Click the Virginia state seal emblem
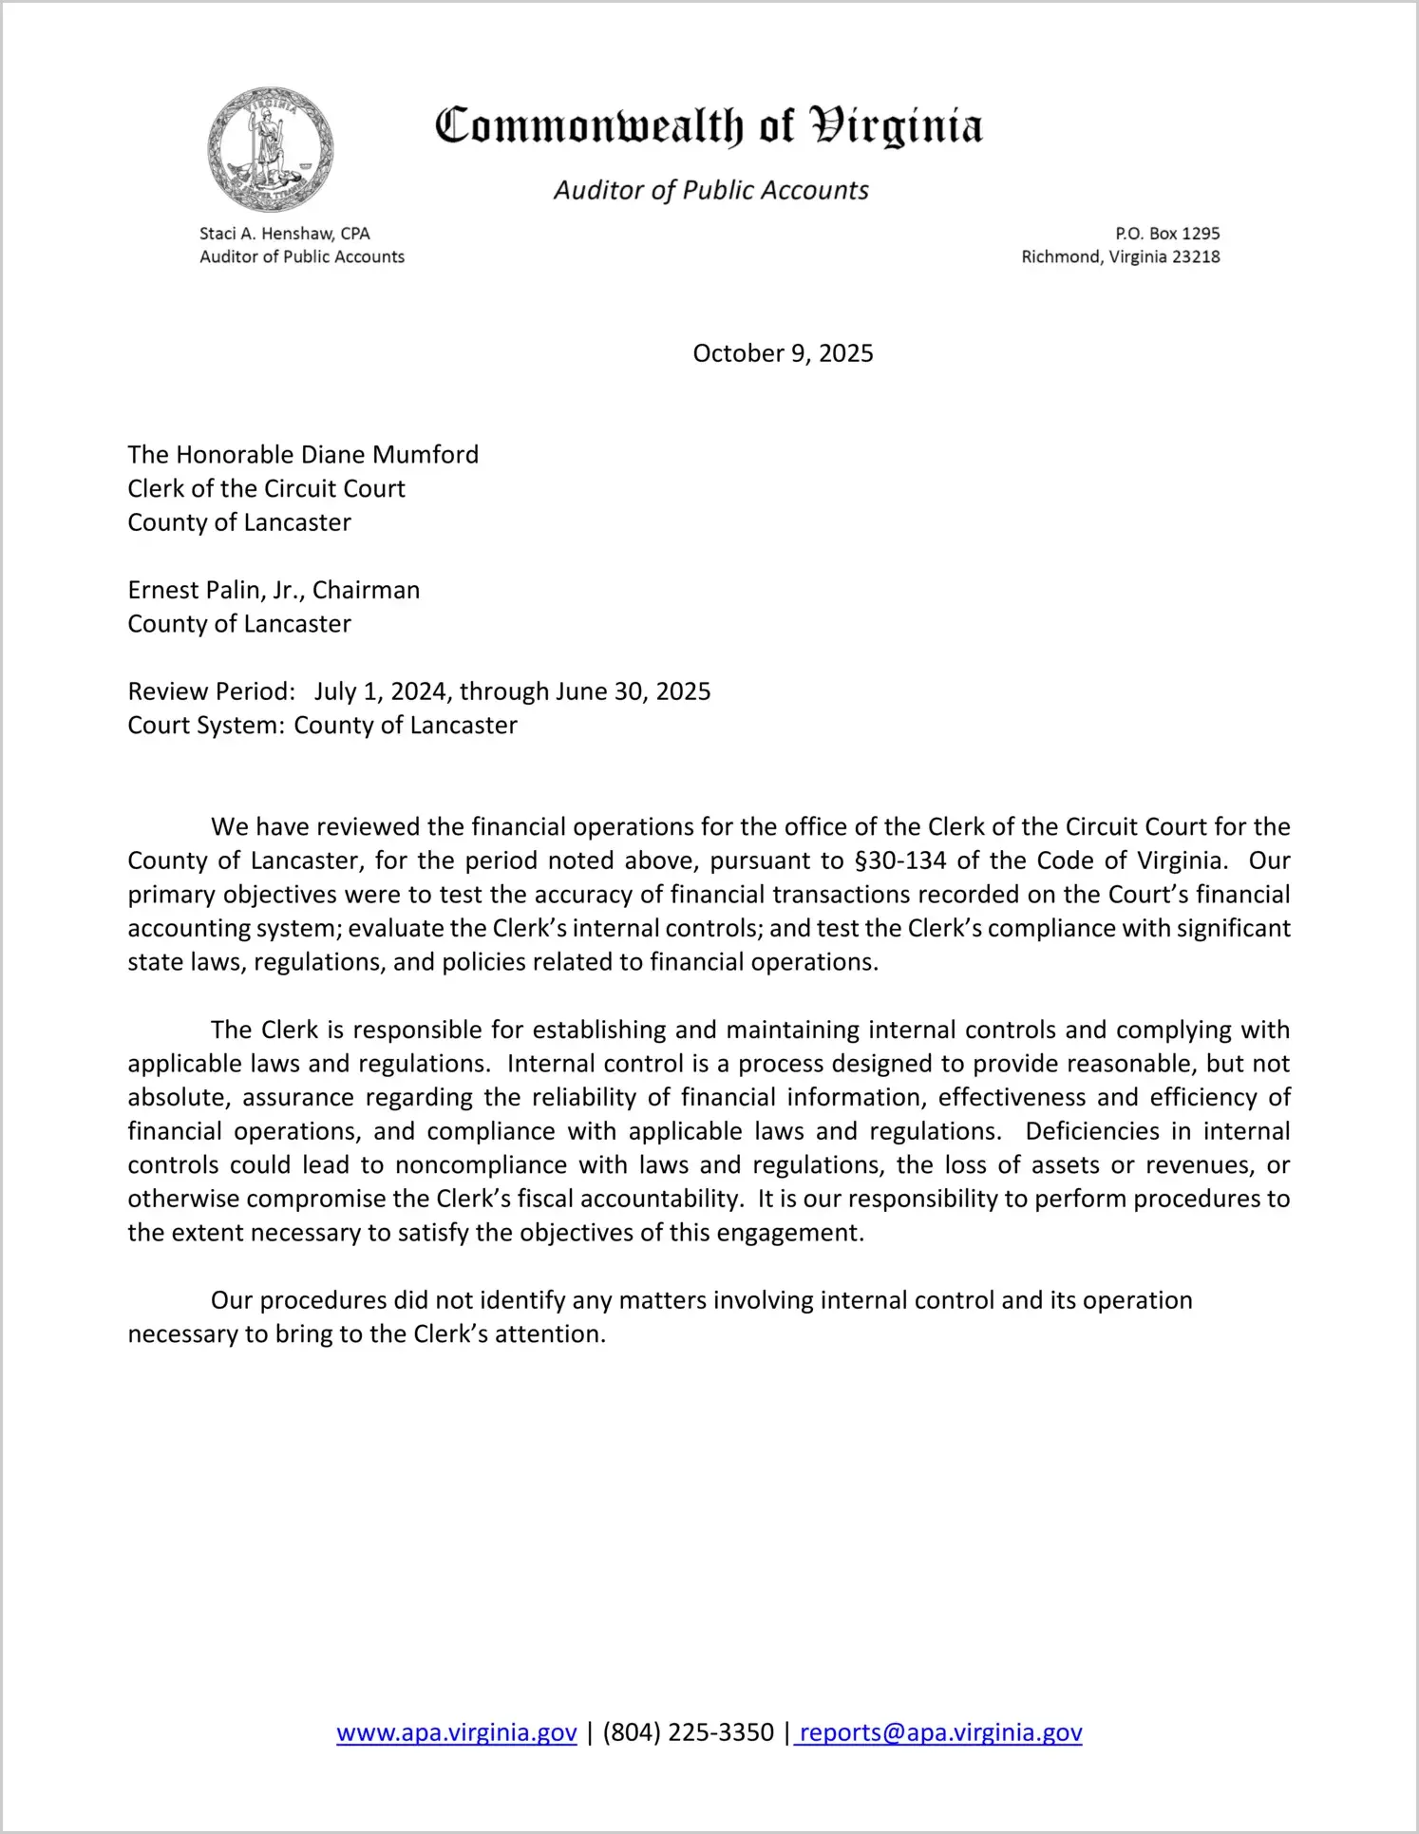(x=271, y=149)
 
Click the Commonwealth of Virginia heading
(x=709, y=126)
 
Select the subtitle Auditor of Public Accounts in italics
(x=710, y=191)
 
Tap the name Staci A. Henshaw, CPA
(x=284, y=234)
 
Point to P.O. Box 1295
(x=1166, y=234)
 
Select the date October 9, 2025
(x=783, y=353)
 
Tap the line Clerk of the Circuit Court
(x=266, y=489)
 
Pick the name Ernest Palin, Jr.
(x=215, y=591)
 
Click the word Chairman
(x=366, y=591)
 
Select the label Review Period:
(x=212, y=691)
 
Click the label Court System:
(x=206, y=726)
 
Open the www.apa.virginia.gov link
(x=457, y=1732)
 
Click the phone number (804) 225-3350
(x=688, y=1732)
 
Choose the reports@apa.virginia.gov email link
(x=940, y=1732)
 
